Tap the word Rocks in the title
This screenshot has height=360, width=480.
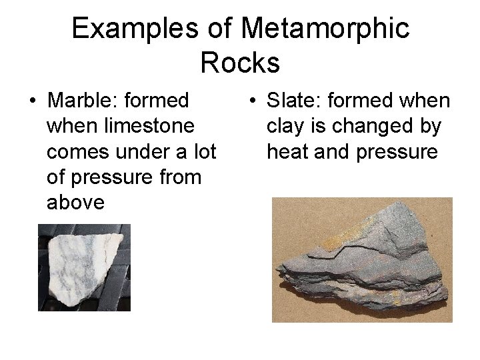point(239,63)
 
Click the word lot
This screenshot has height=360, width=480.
point(201,152)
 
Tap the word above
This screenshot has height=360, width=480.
point(76,203)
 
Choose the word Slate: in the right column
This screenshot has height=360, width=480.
point(295,101)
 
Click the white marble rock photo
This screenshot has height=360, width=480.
point(84,267)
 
